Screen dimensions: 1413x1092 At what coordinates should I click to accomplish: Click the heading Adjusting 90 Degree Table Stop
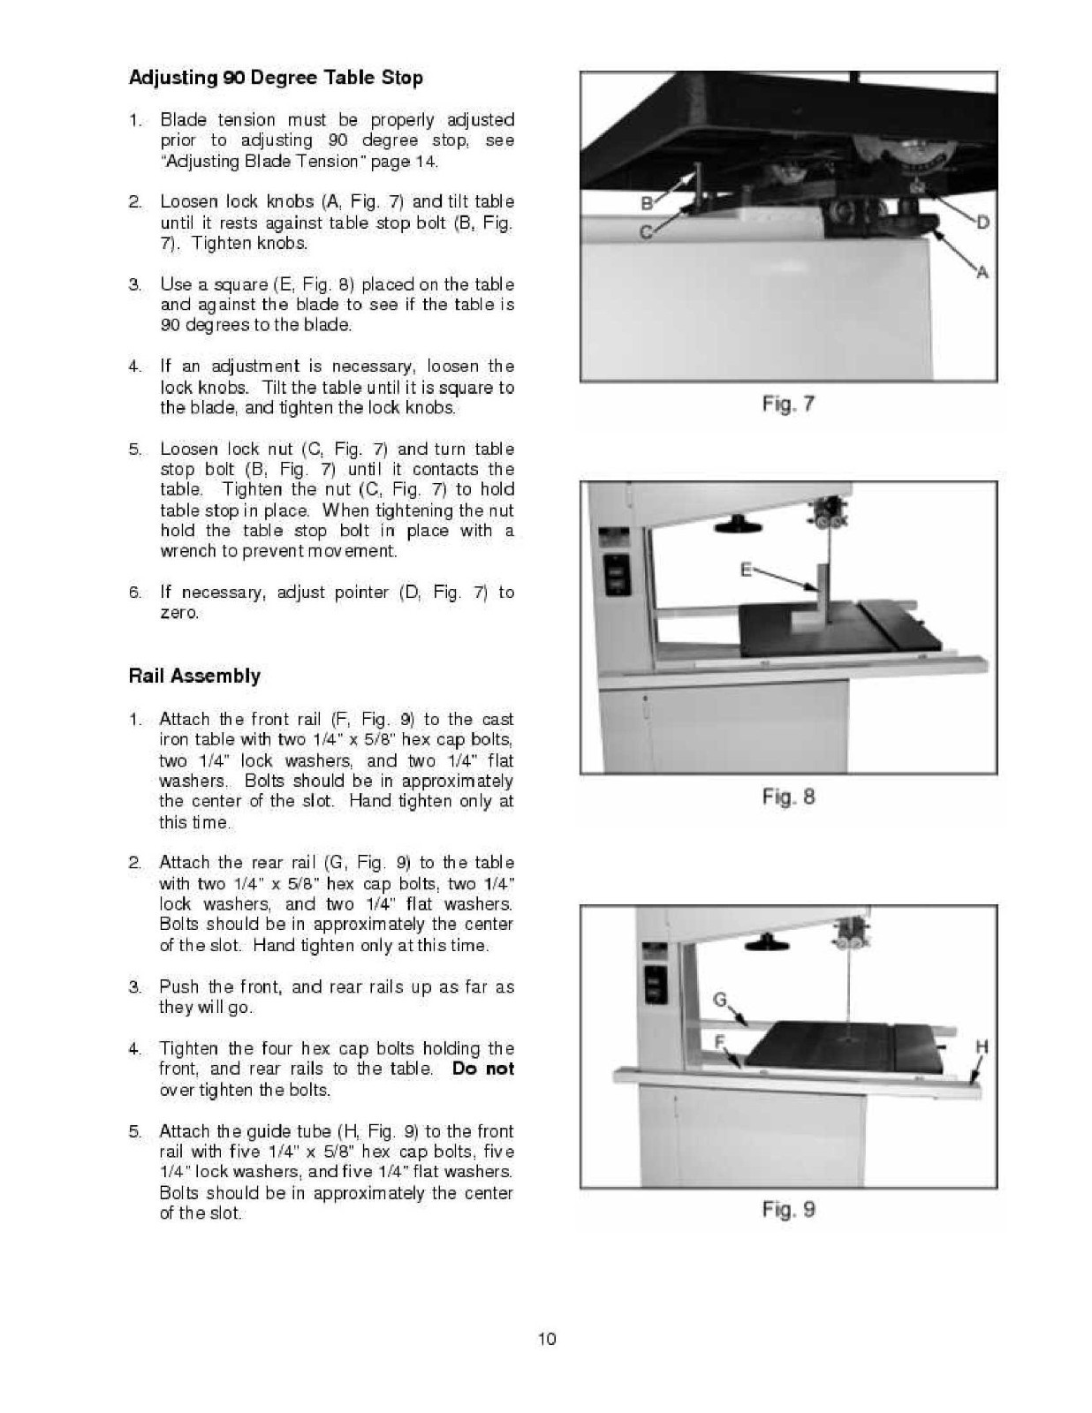pyautogui.click(x=276, y=78)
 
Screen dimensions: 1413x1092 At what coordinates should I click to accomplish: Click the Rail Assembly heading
pyautogui.click(x=194, y=676)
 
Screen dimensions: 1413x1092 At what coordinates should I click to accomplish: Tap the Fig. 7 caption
pyautogui.click(x=788, y=404)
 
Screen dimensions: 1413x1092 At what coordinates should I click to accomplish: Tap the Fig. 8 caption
pyautogui.click(x=788, y=797)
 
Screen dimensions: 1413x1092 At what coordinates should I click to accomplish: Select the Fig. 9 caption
pyautogui.click(x=788, y=1209)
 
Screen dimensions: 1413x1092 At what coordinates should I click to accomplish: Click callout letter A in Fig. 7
pyautogui.click(x=982, y=273)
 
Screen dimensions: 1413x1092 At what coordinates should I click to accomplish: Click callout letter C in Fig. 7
pyautogui.click(x=646, y=232)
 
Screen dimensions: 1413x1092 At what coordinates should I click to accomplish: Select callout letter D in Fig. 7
pyautogui.click(x=982, y=221)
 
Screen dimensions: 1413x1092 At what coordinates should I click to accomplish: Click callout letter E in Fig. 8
pyautogui.click(x=746, y=570)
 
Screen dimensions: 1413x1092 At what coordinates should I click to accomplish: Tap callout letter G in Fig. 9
pyautogui.click(x=720, y=1000)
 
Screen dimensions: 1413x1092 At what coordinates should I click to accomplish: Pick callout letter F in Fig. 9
pyautogui.click(x=720, y=1041)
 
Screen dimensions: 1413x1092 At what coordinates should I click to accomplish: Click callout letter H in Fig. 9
pyautogui.click(x=982, y=1047)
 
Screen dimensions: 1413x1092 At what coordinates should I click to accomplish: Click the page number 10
pyautogui.click(x=547, y=1339)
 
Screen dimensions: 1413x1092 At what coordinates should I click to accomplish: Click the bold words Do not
pyautogui.click(x=482, y=1069)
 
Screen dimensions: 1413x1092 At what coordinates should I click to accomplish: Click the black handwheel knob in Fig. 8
pyautogui.click(x=739, y=526)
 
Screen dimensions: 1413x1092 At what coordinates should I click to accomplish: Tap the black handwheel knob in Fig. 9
pyautogui.click(x=765, y=943)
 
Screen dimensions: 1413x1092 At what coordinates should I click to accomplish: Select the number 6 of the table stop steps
pyautogui.click(x=135, y=593)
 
